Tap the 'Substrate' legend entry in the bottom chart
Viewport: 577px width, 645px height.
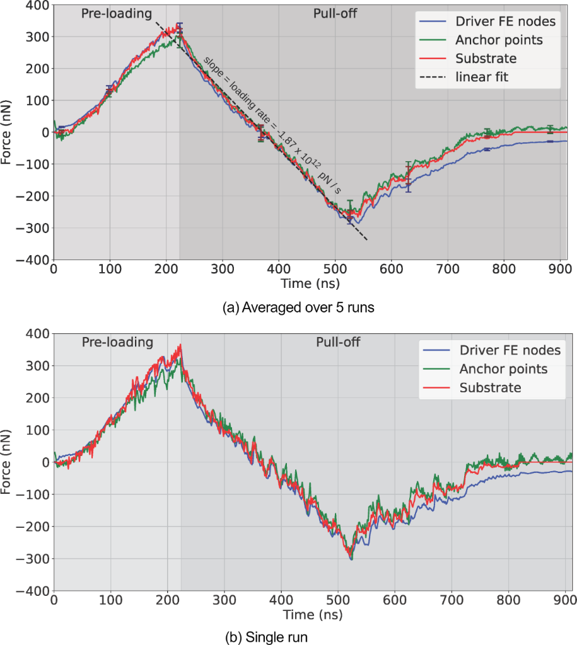coord(491,387)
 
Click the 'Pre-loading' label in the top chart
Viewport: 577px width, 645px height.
coord(117,12)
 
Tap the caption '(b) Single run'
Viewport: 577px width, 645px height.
coord(266,637)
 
